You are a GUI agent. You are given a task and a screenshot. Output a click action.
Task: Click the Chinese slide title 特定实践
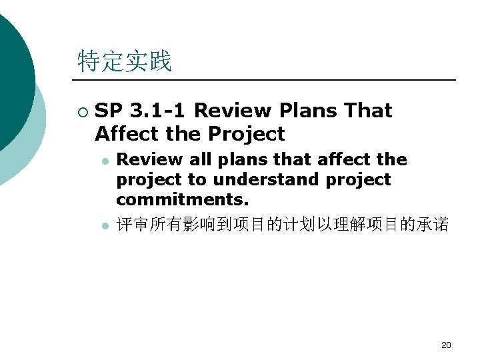coord(125,61)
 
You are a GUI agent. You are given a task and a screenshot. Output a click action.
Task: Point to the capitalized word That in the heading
coord(367,111)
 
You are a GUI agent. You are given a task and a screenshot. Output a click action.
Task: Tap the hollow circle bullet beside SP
coord(81,111)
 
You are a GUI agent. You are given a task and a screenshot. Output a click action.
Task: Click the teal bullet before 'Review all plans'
coord(104,160)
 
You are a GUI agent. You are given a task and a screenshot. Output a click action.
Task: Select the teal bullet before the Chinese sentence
coord(104,227)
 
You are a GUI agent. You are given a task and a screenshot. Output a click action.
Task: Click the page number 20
coord(446,345)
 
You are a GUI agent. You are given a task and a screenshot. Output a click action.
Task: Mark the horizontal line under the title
coord(267,80)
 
